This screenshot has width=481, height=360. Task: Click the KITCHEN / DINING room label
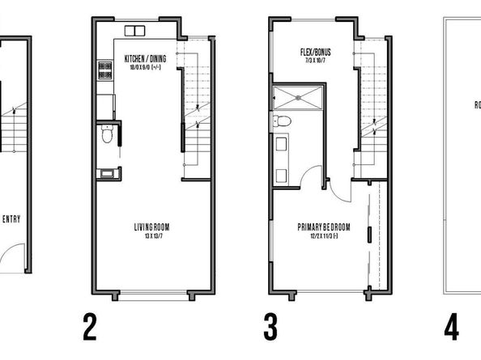click(x=147, y=59)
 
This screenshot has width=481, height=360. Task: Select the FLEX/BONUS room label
click(x=313, y=54)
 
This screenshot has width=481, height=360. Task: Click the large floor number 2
click(x=90, y=328)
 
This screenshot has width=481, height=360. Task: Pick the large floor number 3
click(x=271, y=328)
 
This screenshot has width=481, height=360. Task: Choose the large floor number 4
click(x=452, y=328)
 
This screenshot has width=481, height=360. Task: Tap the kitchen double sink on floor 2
click(x=134, y=32)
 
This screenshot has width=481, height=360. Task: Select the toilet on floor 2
click(x=106, y=138)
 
